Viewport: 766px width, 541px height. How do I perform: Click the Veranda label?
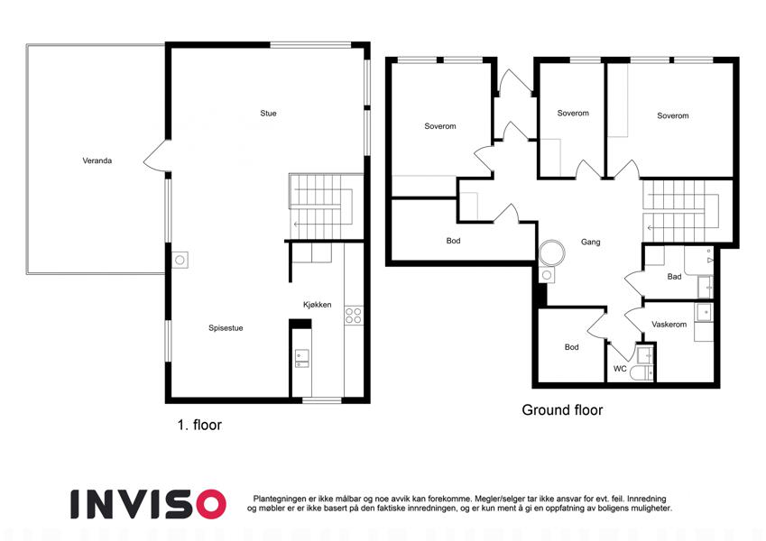(x=97, y=160)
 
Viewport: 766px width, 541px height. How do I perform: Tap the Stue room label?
(x=268, y=114)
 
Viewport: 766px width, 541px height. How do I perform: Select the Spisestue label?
(x=226, y=328)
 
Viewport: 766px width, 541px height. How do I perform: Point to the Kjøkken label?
(x=317, y=305)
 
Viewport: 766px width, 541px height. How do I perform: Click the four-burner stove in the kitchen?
(x=354, y=316)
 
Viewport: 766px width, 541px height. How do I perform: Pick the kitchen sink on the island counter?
(x=301, y=358)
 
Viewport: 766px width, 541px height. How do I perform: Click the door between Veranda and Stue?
(x=156, y=156)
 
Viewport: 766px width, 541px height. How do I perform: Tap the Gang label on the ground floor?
(x=591, y=242)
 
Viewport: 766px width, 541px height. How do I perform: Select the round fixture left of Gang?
(x=552, y=253)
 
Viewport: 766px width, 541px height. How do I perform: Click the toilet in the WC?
(x=641, y=373)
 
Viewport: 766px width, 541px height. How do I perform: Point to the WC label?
(x=620, y=369)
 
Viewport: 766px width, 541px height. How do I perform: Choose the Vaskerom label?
(x=669, y=325)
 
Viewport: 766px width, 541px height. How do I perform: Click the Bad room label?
(x=674, y=277)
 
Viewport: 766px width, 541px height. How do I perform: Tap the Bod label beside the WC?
(x=572, y=347)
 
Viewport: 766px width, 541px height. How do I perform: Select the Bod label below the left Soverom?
(x=453, y=241)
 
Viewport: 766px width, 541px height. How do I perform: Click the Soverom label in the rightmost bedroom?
(x=673, y=115)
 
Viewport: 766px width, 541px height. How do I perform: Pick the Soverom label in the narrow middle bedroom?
(x=573, y=114)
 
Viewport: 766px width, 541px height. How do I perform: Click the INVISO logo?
(x=148, y=504)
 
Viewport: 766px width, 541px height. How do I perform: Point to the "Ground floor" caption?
(x=562, y=410)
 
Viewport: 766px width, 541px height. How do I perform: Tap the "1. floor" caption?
(x=199, y=425)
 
